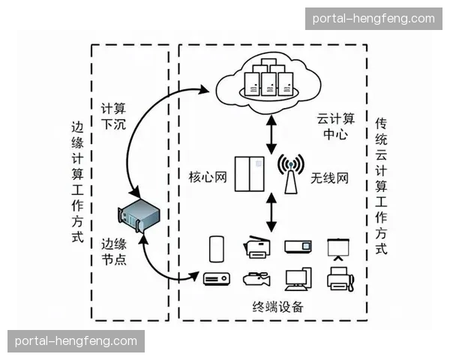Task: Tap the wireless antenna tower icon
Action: point(290,172)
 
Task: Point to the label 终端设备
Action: point(277,307)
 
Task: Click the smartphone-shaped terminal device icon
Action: point(217,247)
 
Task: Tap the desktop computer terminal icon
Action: point(298,278)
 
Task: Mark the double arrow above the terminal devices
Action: point(271,215)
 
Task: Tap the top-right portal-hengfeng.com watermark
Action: point(372,18)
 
